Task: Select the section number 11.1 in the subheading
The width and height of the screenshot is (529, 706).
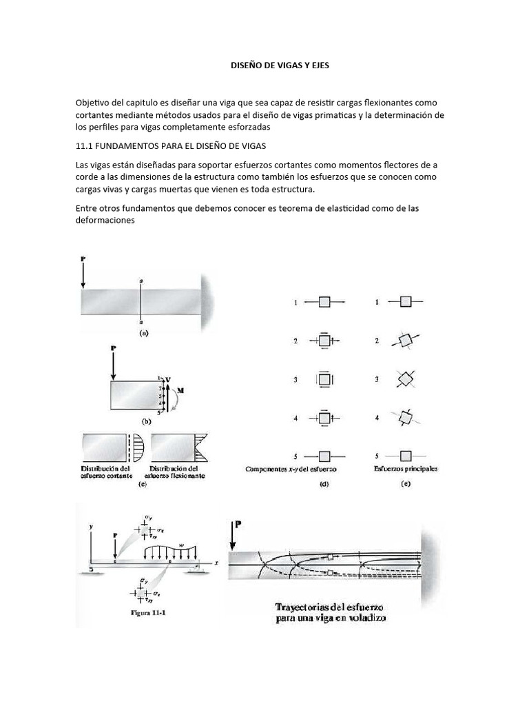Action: [85, 147]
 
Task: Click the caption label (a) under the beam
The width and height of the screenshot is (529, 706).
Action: [144, 332]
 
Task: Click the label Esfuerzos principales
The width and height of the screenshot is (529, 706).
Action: [407, 469]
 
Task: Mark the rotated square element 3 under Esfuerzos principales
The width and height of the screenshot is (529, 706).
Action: [406, 379]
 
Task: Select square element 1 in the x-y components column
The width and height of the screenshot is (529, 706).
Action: [324, 302]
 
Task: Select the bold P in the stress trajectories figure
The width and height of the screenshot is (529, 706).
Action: [239, 525]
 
